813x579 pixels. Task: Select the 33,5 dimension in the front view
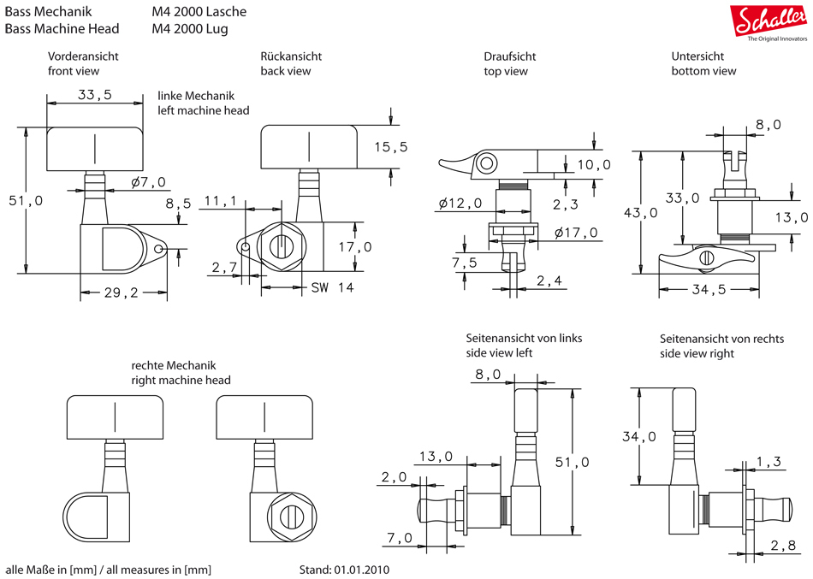tap(94, 95)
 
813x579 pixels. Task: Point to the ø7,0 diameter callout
tap(148, 181)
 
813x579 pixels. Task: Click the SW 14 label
tap(333, 287)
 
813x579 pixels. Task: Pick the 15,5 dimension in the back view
tap(391, 147)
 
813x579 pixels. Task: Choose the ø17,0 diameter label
tap(576, 233)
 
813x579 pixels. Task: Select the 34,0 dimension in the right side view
tap(638, 436)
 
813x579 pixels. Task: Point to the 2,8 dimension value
tap(782, 546)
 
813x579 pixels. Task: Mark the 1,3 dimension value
tap(768, 462)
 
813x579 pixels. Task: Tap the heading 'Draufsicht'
tap(509, 56)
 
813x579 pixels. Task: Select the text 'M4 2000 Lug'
tap(190, 28)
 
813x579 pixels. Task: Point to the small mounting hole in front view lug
tap(161, 248)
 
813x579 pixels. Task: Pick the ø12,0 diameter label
tap(460, 203)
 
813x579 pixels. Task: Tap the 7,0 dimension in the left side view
tap(399, 537)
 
